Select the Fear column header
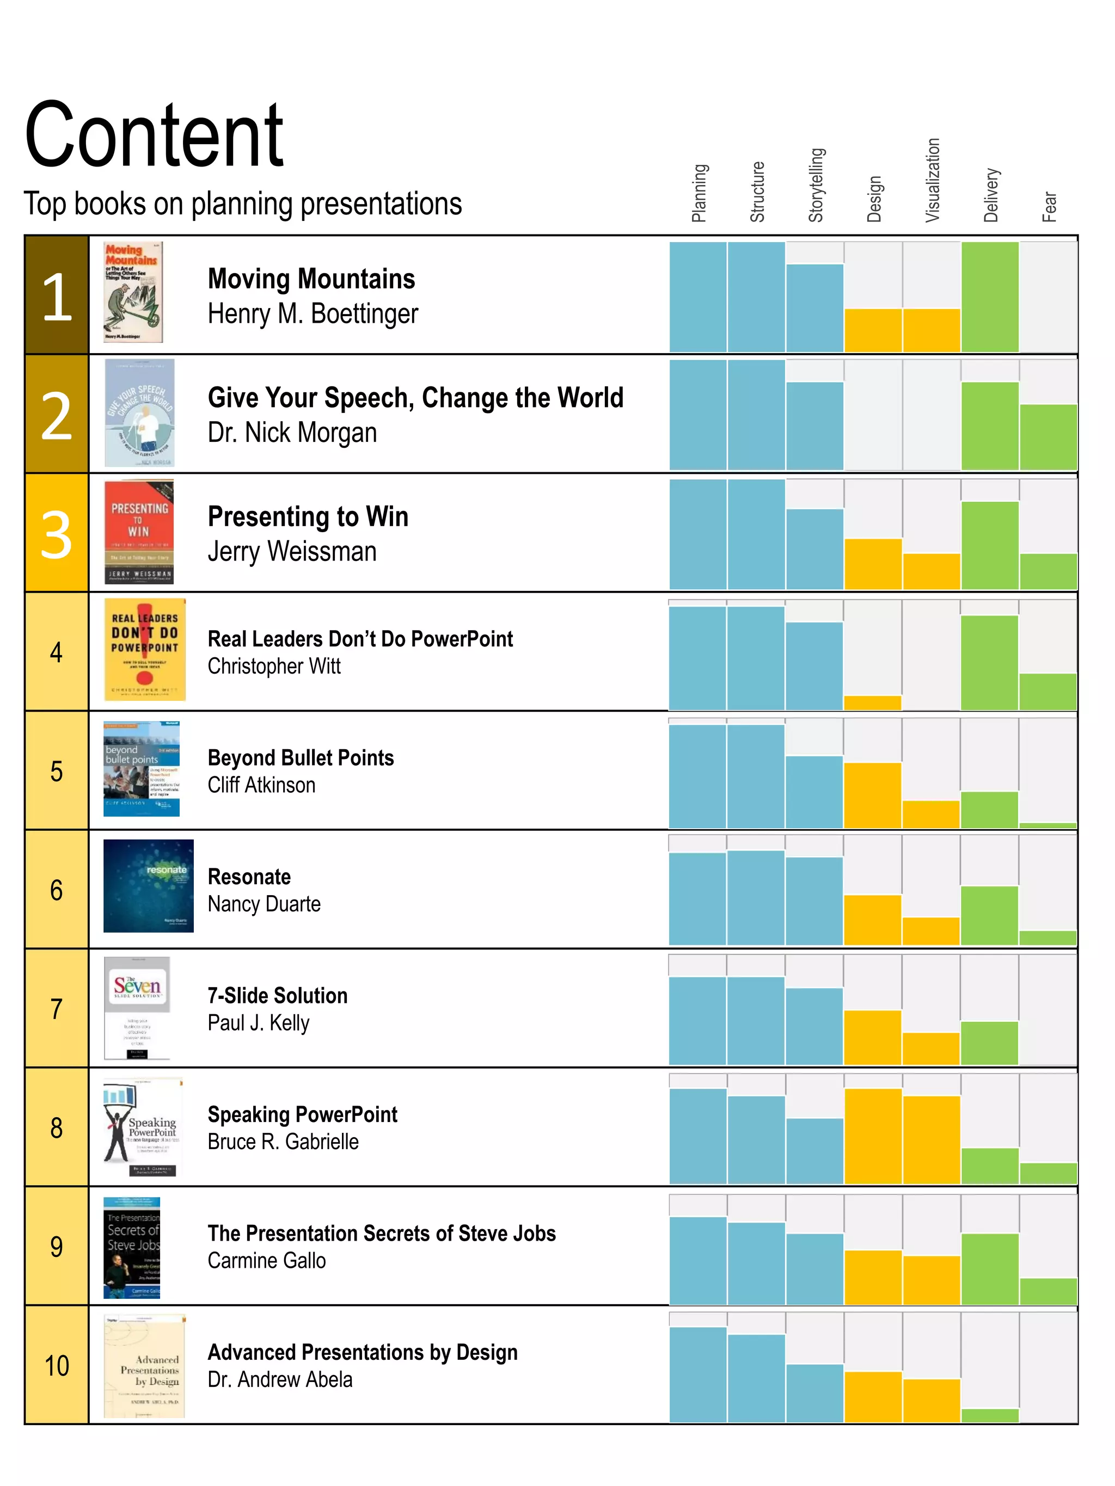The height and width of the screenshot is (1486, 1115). click(1049, 207)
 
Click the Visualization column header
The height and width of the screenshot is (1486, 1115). click(932, 180)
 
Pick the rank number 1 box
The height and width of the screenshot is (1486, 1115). click(57, 295)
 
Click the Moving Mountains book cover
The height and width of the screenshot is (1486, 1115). click(133, 292)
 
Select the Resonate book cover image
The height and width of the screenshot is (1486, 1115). click(148, 885)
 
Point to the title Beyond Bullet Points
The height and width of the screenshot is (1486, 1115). click(301, 758)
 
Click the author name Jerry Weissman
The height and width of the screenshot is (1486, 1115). click(292, 552)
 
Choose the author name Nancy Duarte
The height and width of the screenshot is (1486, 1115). click(264, 904)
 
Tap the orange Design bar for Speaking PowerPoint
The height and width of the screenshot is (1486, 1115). click(872, 1137)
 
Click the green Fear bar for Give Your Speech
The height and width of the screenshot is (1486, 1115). click(1048, 437)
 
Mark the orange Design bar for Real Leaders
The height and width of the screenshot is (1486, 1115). click(872, 702)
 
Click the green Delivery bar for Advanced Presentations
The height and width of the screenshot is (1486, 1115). click(989, 1415)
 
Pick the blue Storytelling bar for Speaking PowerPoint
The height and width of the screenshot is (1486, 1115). click(814, 1150)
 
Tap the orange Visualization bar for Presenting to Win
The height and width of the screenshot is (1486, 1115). click(931, 572)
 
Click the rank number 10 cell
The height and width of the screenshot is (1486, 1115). click(57, 1365)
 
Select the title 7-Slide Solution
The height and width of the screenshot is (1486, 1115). click(278, 996)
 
